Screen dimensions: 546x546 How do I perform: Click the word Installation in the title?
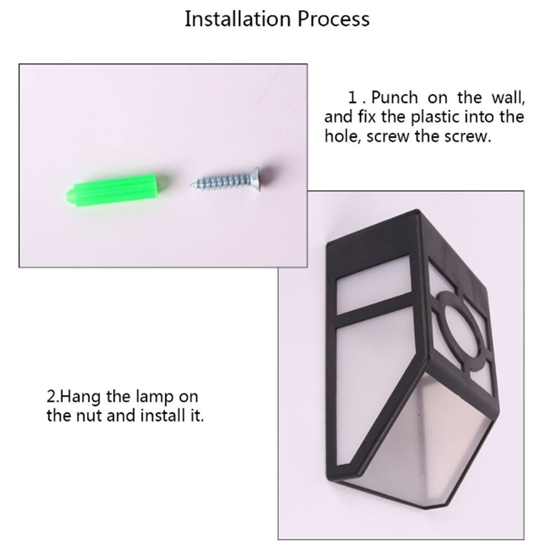(237, 19)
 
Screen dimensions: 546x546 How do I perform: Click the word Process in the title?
(333, 20)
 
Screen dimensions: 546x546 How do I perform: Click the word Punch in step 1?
(394, 98)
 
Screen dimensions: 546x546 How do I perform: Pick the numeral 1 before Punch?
(353, 98)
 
